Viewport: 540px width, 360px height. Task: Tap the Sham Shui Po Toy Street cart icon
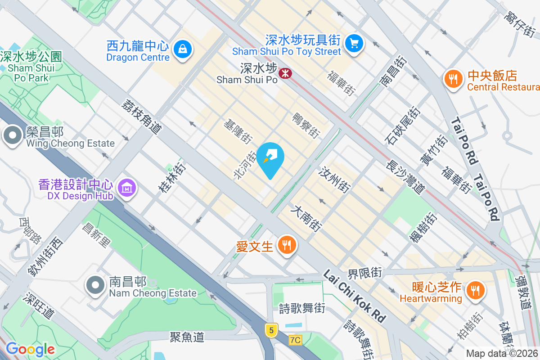[354, 43]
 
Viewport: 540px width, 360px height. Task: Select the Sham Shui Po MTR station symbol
[284, 73]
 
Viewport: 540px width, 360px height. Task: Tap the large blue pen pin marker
[270, 157]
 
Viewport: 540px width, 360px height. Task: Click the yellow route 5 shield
[270, 330]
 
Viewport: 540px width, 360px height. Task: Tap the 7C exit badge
[295, 340]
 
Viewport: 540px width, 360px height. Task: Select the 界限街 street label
[364, 273]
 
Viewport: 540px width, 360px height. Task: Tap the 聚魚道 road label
[187, 337]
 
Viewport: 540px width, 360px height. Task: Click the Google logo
[30, 349]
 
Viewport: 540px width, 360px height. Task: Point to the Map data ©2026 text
[501, 354]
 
